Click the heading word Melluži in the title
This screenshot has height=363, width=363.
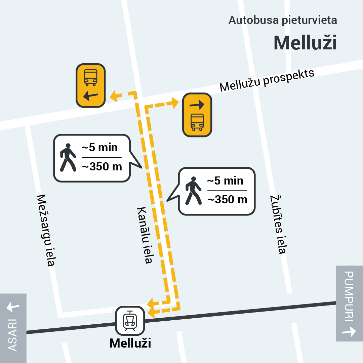[x=305, y=43]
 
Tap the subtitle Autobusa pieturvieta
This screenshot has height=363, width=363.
[x=283, y=20]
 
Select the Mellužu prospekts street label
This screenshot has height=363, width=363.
[x=267, y=81]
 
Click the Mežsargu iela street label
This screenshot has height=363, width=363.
[x=46, y=230]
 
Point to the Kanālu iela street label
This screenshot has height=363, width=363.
[x=145, y=235]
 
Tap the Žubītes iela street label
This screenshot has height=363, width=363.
[x=278, y=225]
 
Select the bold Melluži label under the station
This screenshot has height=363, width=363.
[x=130, y=344]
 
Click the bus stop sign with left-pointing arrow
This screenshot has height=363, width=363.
[x=91, y=85]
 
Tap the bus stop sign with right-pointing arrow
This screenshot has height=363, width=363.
[x=197, y=115]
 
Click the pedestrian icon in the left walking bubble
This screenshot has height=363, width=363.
[x=68, y=158]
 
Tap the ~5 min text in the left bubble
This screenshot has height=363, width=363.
[x=100, y=148]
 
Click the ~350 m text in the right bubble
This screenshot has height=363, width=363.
[x=227, y=200]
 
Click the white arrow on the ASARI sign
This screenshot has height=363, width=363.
[x=13, y=307]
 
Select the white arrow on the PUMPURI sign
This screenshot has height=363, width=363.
[x=349, y=331]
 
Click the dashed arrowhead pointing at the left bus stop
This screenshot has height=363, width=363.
[x=114, y=96]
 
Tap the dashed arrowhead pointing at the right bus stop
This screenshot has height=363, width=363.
[x=175, y=103]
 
